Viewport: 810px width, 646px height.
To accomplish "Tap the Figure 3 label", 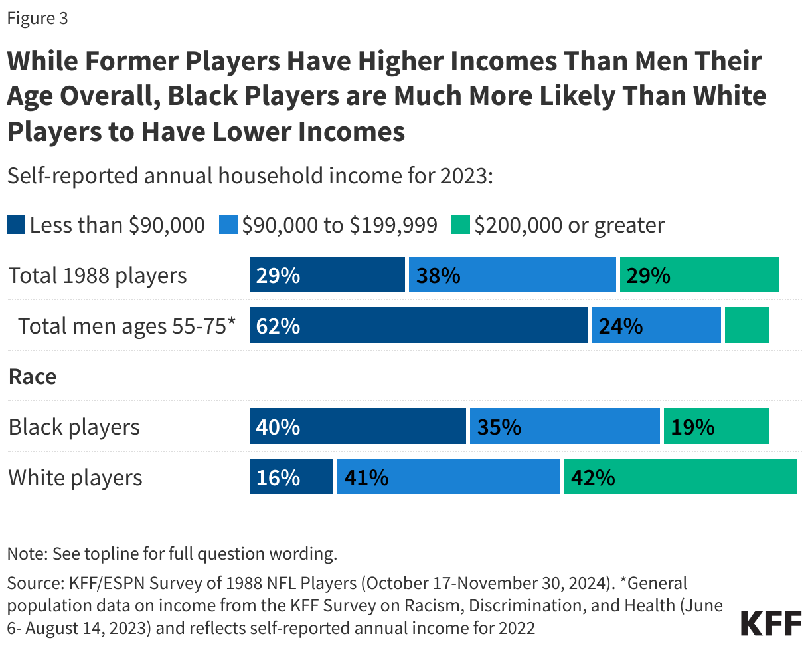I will [x=37, y=19].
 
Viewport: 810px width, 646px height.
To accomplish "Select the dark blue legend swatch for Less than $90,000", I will [x=17, y=225].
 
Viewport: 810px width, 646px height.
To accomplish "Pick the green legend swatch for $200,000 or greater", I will [x=461, y=225].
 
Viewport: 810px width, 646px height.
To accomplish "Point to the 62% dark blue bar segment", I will [x=418, y=326].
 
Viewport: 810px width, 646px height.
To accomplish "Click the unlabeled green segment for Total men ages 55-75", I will [x=746, y=326].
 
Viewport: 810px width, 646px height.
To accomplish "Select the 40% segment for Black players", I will [x=357, y=427].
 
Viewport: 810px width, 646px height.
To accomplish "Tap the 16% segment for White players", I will [x=291, y=477].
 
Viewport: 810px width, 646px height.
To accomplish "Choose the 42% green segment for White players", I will [x=680, y=477].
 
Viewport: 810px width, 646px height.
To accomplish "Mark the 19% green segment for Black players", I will [x=716, y=427].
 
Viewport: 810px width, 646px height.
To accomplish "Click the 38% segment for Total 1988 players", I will [x=512, y=275].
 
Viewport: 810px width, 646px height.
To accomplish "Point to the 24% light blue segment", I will [x=656, y=326].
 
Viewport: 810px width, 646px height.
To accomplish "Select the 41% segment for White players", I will [x=448, y=477].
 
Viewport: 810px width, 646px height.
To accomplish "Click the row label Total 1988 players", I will [x=98, y=275].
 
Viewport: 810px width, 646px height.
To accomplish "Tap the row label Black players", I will [x=74, y=427].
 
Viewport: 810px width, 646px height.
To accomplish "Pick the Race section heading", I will [x=33, y=377].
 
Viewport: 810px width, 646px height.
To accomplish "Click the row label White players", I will [x=75, y=477].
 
